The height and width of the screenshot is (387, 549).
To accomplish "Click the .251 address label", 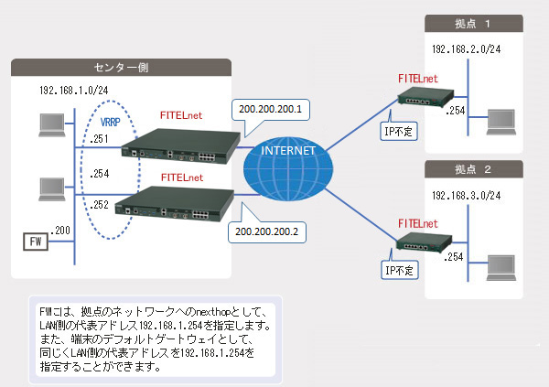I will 101,139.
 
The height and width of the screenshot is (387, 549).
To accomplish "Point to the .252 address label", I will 101,206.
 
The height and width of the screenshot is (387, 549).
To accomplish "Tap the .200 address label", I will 62,230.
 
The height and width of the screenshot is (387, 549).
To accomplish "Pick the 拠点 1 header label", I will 474,23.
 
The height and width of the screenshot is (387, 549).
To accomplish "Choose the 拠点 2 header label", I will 474,169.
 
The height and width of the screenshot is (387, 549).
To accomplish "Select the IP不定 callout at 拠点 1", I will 399,131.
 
